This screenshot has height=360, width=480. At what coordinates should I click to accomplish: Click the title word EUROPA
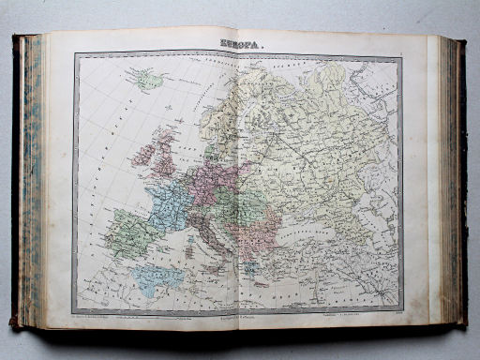[241, 43]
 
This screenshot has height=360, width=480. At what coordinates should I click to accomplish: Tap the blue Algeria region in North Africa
[159, 277]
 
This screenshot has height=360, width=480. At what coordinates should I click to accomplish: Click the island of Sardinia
[191, 248]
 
